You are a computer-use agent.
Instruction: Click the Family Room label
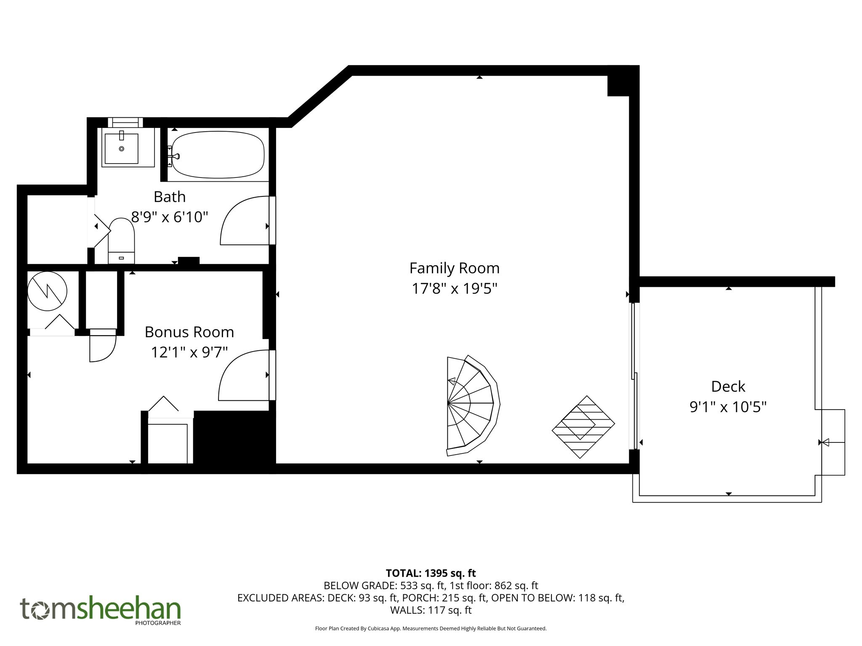point(454,268)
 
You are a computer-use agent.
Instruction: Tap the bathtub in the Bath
point(218,154)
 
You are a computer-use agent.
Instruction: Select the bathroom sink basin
point(122,148)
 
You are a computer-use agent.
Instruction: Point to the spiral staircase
point(471,405)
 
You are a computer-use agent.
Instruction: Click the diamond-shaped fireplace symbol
point(583,427)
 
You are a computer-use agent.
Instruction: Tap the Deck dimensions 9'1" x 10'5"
point(728,407)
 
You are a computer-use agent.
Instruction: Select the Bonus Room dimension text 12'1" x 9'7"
point(189,352)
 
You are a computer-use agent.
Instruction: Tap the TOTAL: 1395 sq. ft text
point(431,573)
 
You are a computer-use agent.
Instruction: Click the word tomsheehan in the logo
point(100,609)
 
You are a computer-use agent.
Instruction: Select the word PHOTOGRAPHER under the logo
point(158,623)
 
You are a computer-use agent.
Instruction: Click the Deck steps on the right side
point(833,442)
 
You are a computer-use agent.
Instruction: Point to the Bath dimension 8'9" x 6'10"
point(170,217)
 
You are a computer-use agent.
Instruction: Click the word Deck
point(728,386)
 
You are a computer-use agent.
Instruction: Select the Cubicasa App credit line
point(431,628)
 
